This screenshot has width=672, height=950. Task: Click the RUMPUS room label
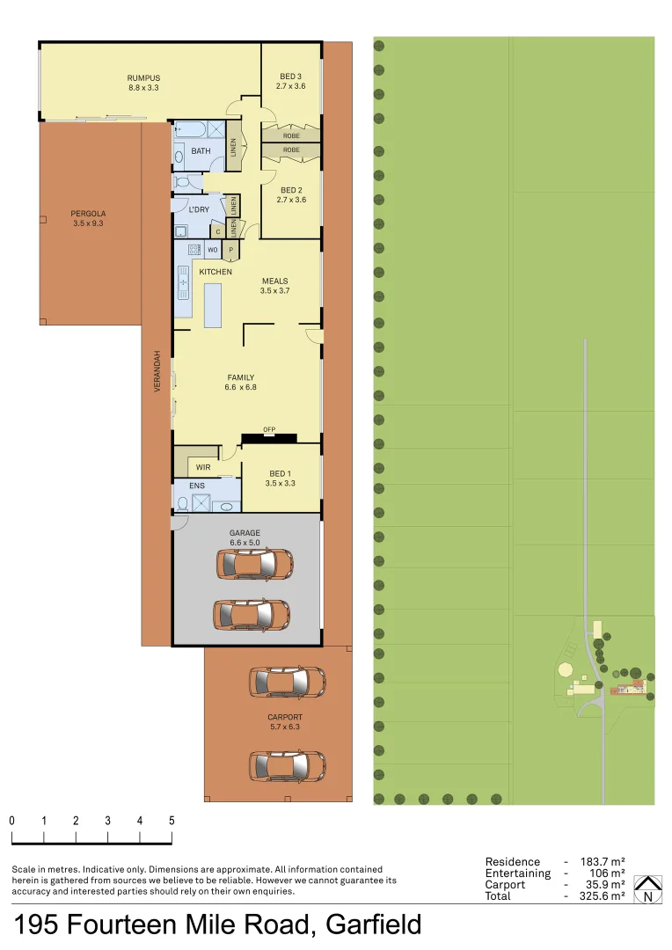pos(142,77)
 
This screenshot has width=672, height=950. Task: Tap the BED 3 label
pos(290,77)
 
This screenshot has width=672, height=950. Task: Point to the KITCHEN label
pos(215,272)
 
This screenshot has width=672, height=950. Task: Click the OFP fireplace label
pos(269,429)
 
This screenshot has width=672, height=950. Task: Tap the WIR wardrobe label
pos(203,467)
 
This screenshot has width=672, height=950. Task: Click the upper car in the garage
pos(254,564)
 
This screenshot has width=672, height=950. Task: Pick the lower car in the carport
pos(287,765)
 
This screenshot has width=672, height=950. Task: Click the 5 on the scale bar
pos(172,821)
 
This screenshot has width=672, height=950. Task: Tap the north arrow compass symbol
pos(648,889)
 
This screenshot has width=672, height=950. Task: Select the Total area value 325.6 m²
pos(603,895)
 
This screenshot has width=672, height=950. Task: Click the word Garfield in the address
pos(373,925)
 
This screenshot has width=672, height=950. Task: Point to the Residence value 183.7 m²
pos(603,862)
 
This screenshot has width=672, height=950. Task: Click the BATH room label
pos(201,151)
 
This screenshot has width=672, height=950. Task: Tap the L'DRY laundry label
pos(199,209)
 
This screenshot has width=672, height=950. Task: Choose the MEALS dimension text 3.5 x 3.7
pos(274,290)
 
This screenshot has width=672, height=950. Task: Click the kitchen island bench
pos(213,305)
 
